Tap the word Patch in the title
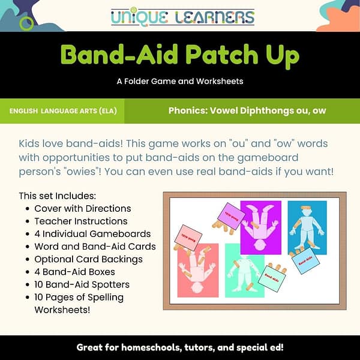[x=210, y=56]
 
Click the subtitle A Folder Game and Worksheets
[x=180, y=82]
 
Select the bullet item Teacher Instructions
[x=80, y=221]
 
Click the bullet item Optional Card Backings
[x=89, y=259]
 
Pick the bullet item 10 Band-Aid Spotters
[x=82, y=284]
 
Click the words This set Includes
[x=58, y=196]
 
